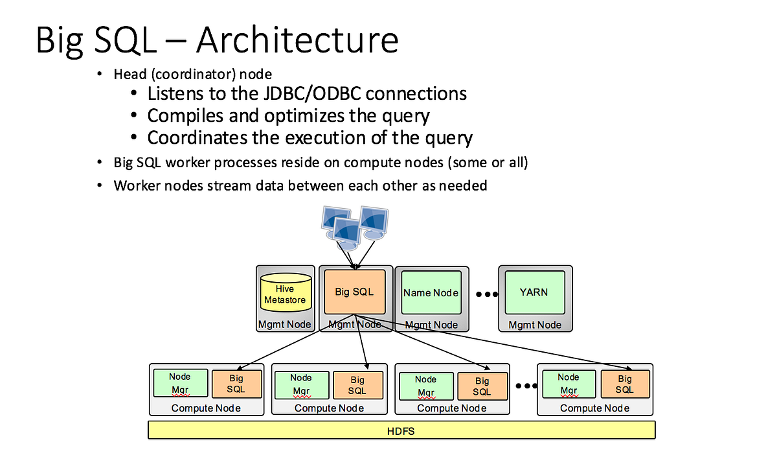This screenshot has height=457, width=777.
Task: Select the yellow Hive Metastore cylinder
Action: coord(285,294)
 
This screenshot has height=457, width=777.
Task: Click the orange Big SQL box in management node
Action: coord(354,292)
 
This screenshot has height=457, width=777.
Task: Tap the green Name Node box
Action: coord(431,293)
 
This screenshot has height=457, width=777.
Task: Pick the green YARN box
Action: coord(534,292)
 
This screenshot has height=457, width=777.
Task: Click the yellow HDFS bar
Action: coord(401,430)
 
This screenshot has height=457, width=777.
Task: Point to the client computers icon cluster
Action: coord(354,227)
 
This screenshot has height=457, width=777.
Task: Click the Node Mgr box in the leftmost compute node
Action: coord(180,384)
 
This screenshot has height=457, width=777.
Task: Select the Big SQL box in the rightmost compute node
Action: coord(624,384)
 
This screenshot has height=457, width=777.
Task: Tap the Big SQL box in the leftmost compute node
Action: coord(236,384)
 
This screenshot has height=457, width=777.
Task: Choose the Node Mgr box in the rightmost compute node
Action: coord(569,384)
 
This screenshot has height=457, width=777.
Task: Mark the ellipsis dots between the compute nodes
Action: coord(526,386)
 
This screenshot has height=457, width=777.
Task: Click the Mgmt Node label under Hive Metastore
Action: coord(284,324)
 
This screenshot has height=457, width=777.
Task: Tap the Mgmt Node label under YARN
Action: coord(535,324)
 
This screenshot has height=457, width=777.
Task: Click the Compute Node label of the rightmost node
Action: coord(594,408)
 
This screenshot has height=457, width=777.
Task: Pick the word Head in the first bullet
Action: coord(129,75)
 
